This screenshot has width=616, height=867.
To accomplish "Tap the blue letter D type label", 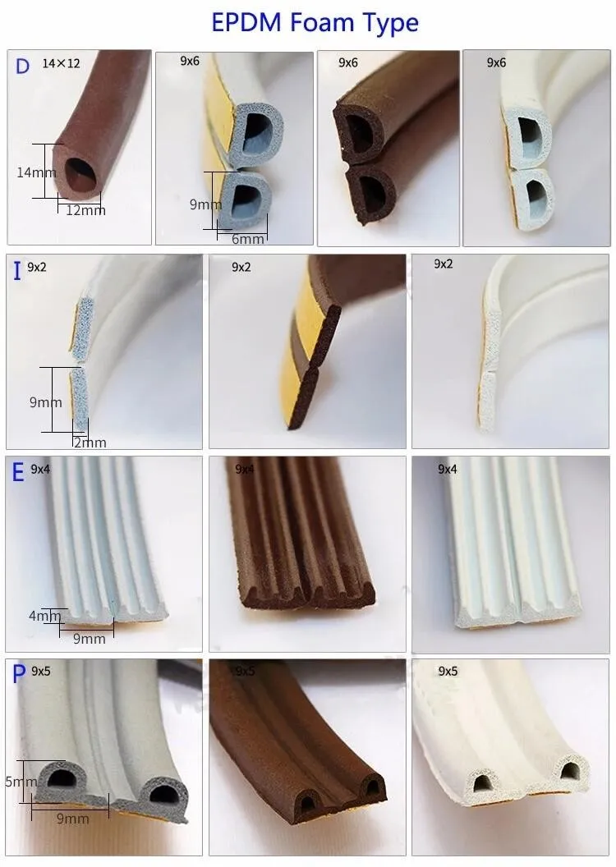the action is [x=22, y=67].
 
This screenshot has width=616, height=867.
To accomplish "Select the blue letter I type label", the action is [x=17, y=271].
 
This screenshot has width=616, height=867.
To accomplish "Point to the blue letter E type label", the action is [x=18, y=472].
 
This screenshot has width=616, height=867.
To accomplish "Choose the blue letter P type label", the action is [x=19, y=674].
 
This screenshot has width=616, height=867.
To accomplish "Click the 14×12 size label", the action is [x=61, y=63].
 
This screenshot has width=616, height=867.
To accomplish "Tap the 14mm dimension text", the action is [x=36, y=172].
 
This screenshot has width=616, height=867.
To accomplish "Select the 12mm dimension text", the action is [x=85, y=210].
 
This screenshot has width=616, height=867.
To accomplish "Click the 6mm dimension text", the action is [x=248, y=239].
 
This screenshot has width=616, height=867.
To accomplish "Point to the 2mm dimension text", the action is [x=90, y=443].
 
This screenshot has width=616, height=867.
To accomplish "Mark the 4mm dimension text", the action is [x=45, y=616].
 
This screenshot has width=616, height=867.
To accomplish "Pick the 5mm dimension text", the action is [x=21, y=782].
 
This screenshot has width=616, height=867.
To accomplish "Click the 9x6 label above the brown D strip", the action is [x=347, y=63].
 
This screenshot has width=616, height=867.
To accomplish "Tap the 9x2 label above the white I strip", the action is [x=444, y=264].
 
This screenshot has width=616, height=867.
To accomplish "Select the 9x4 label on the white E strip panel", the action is [x=448, y=470].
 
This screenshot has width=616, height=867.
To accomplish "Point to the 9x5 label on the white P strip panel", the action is [x=448, y=672].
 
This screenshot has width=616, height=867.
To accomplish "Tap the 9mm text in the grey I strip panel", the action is [x=46, y=402].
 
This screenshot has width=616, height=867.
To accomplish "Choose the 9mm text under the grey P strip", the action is [x=72, y=819].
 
